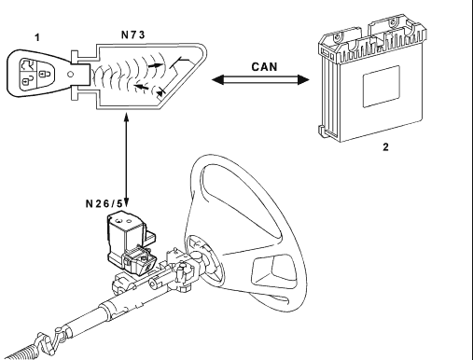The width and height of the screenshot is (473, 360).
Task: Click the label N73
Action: [132, 35]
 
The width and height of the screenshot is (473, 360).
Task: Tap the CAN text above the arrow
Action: [264, 67]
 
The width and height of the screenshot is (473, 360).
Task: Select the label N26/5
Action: [104, 203]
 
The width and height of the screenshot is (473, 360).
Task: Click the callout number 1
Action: [37, 37]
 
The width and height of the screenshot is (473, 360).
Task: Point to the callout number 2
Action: [385, 147]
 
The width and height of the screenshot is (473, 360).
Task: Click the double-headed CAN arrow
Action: [260, 79]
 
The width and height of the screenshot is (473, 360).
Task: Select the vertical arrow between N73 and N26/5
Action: [126, 159]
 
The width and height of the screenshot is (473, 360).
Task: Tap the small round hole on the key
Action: [71, 75]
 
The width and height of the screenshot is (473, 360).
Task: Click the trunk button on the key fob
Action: [27, 65]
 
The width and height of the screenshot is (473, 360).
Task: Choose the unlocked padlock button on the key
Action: [28, 80]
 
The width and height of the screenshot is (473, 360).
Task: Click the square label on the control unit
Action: [382, 87]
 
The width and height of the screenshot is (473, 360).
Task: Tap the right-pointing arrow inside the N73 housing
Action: [156, 65]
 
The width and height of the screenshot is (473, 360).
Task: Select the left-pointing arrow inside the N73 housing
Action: [141, 87]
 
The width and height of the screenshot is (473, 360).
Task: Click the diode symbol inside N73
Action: [160, 92]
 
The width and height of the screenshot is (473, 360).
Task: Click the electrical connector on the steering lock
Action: [139, 261]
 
